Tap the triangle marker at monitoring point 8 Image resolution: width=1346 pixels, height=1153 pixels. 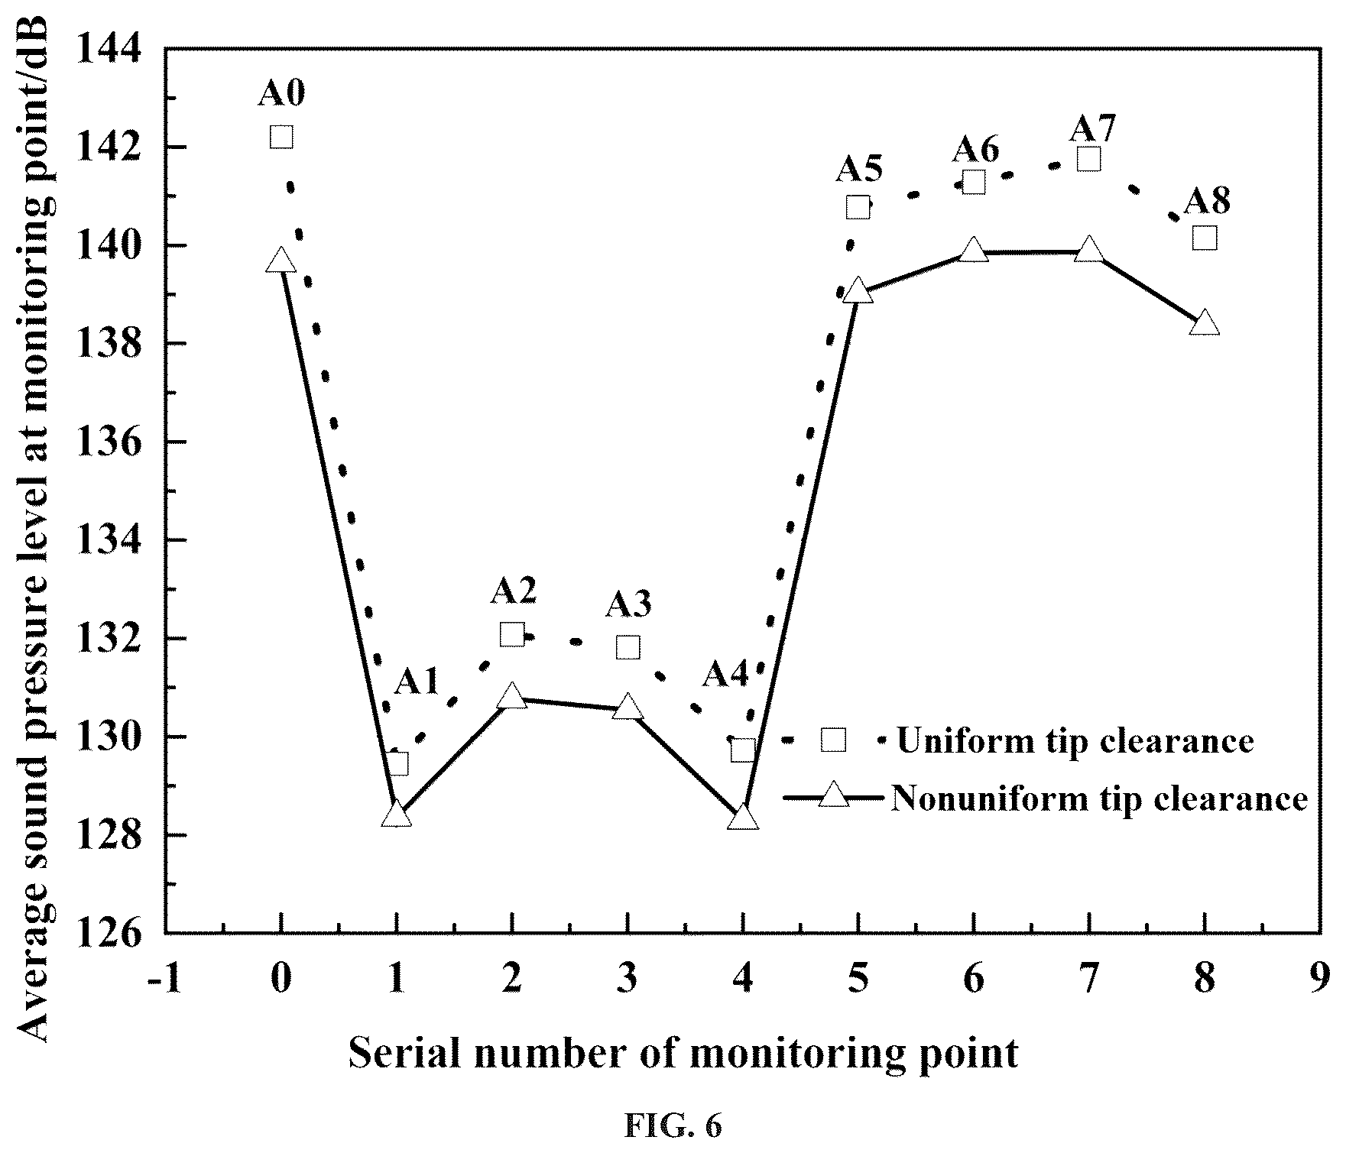tap(1205, 323)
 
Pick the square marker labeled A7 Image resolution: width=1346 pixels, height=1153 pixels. tap(1088, 159)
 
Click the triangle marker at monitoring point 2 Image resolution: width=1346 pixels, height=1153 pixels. tap(512, 697)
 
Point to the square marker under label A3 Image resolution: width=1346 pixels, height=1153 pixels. tap(628, 648)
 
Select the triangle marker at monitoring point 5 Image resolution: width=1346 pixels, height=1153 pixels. tap(858, 291)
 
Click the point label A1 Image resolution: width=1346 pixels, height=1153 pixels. tap(417, 682)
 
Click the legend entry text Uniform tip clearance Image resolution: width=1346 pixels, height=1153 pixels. tap(1075, 741)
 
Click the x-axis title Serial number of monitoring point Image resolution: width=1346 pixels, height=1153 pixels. tap(684, 1054)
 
